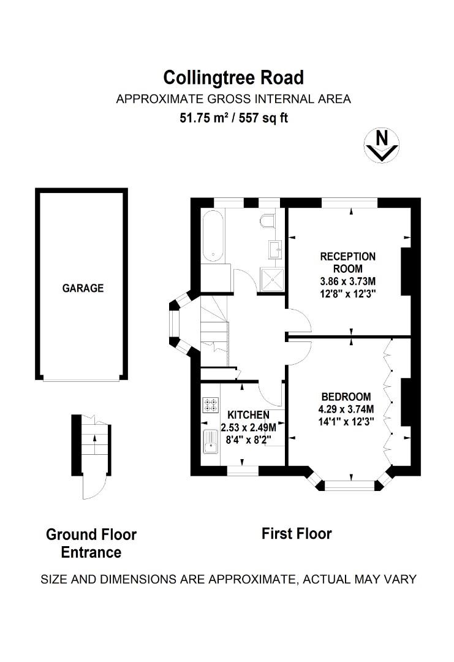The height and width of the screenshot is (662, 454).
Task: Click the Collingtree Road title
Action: (x=233, y=78)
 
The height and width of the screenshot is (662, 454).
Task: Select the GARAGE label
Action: (x=83, y=287)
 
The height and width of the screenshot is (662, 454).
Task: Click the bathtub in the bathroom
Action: (x=213, y=236)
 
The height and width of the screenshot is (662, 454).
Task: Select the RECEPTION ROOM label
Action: (x=348, y=262)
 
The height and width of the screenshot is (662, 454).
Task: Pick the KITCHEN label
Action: (x=248, y=415)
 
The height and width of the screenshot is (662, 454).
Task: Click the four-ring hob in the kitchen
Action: (x=211, y=405)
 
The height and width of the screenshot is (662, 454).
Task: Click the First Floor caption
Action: (x=297, y=533)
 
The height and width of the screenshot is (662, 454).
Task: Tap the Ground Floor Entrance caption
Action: (x=91, y=543)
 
